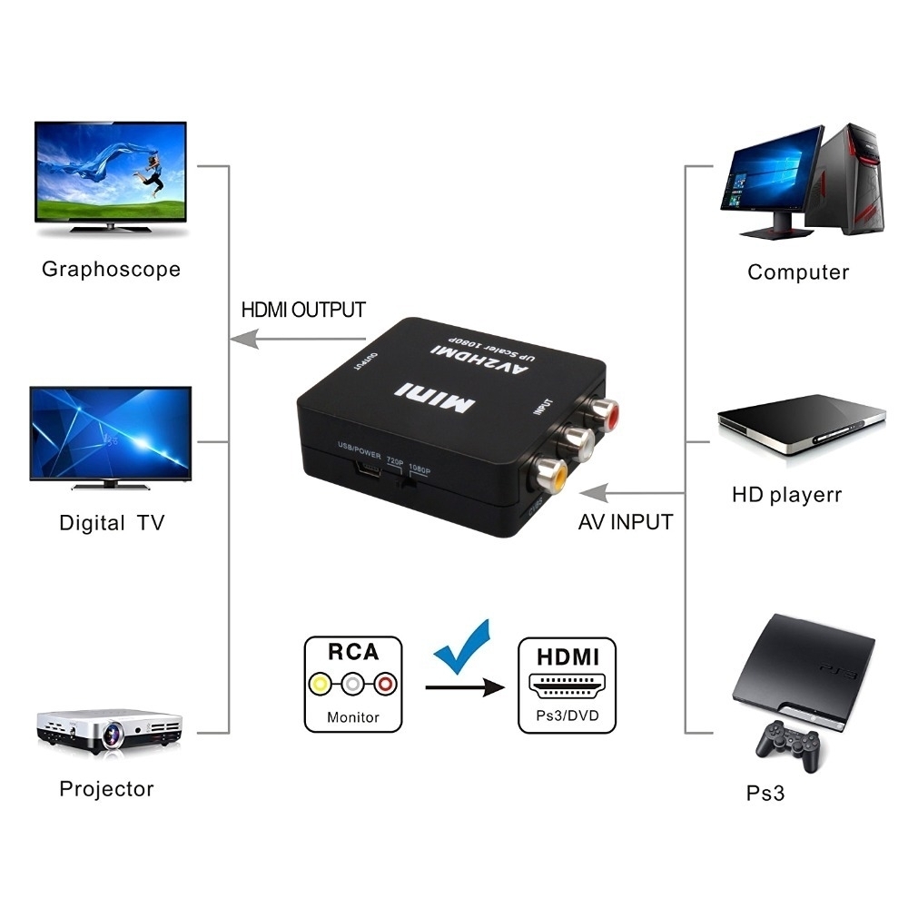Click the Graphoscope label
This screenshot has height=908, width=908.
click(111, 269)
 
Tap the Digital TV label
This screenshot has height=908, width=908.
click(112, 523)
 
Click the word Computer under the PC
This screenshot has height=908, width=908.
click(798, 271)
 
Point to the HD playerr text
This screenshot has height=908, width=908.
click(786, 495)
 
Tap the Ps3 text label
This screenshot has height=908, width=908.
click(765, 793)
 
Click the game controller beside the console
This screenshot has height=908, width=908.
click(787, 744)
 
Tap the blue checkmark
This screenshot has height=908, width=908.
click(462, 646)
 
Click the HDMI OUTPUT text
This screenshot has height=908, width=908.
click(303, 310)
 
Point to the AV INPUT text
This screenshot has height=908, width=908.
click(626, 522)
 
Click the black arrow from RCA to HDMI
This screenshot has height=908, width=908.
click(464, 688)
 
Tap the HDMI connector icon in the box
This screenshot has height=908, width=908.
click(567, 686)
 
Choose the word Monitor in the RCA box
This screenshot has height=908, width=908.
click(353, 716)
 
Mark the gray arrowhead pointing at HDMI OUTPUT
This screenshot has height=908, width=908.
click(239, 340)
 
